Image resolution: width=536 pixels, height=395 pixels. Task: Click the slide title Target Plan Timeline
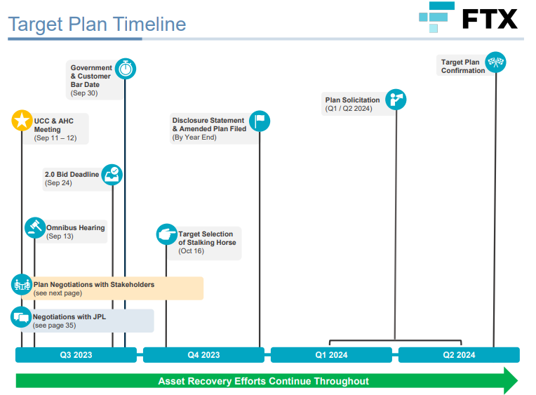point(97,25)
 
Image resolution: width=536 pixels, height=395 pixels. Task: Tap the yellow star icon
point(22,121)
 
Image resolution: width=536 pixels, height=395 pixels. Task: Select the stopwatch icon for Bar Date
point(126,68)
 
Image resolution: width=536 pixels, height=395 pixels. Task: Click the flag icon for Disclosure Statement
point(260,121)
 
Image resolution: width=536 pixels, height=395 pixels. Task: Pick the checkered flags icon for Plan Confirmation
point(496,62)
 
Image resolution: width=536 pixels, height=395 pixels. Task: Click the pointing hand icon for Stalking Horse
point(166,234)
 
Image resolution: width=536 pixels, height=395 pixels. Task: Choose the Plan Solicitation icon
point(396,100)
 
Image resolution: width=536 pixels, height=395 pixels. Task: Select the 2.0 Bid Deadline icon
point(112,174)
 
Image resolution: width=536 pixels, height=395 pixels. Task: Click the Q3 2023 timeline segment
point(76,355)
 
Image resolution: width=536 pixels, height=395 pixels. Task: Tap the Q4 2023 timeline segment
point(203,355)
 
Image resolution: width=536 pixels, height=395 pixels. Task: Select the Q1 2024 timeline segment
point(331,355)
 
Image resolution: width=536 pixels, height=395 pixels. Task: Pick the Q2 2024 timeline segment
point(459,355)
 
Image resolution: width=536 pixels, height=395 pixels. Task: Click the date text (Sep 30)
point(83,93)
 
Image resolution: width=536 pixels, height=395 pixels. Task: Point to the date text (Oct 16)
point(190,251)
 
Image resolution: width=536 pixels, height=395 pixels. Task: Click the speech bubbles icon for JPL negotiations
point(21,317)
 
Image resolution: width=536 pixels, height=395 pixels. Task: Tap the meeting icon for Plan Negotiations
point(22,285)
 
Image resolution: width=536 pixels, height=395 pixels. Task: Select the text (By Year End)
point(194,138)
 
